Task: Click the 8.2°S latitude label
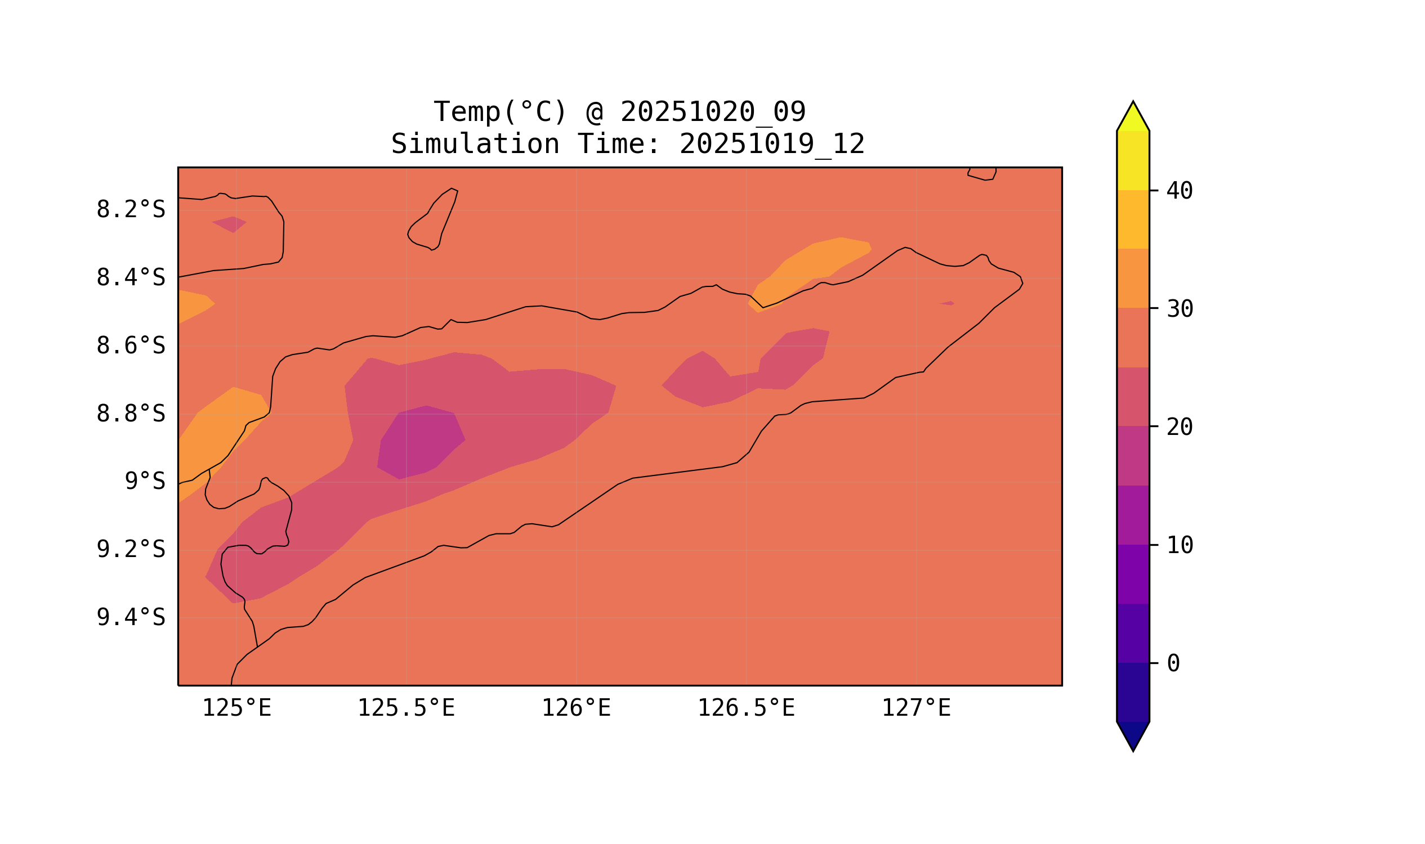pos(130,210)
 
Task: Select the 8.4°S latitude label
pos(130,278)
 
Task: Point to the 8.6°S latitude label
pos(130,346)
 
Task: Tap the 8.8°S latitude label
pos(130,414)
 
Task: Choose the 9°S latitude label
pos(145,482)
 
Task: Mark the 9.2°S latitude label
pos(130,549)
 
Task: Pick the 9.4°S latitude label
pos(130,617)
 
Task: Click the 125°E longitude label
pos(236,708)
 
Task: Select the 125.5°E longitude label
pos(406,708)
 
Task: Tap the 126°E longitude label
pos(576,708)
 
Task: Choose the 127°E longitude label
pos(915,708)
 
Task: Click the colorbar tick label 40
pos(1179,191)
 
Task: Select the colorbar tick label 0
pos(1173,664)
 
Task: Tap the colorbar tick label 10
pos(1179,545)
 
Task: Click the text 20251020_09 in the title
pos(713,112)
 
